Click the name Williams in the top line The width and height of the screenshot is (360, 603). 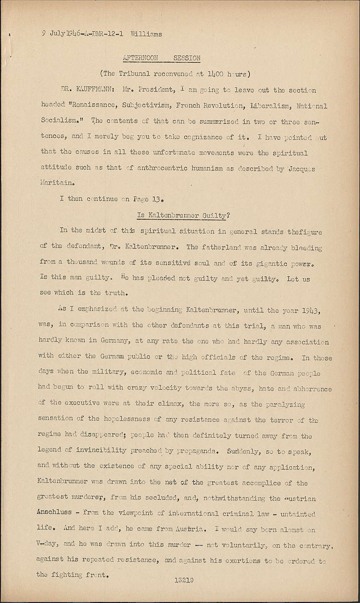click(x=146, y=34)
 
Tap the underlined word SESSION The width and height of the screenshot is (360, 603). click(x=187, y=58)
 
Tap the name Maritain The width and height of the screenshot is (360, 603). click(x=57, y=183)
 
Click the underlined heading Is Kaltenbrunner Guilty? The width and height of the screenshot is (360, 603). click(x=183, y=215)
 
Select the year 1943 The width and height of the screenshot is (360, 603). click(x=311, y=311)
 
